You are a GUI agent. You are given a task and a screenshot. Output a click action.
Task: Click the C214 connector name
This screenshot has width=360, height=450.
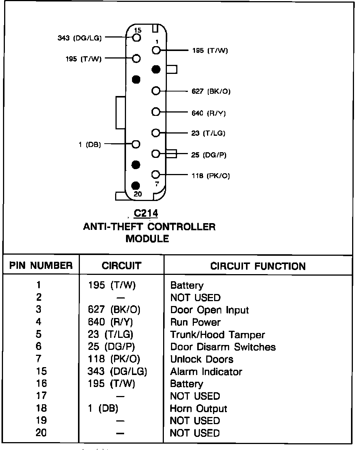point(146,213)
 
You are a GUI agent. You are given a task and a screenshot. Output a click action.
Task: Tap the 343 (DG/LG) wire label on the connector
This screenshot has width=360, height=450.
point(79,38)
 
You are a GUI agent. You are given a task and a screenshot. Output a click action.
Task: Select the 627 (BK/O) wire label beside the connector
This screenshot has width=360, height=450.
point(211,91)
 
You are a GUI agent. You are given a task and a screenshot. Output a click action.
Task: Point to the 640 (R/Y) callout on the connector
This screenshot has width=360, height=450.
point(208,113)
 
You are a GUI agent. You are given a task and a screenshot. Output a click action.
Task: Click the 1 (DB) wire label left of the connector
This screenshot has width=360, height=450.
point(90,144)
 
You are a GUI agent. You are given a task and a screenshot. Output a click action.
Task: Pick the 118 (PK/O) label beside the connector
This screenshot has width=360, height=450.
point(210,175)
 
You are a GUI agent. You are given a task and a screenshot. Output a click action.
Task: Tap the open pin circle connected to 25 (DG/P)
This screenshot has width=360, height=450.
point(156,154)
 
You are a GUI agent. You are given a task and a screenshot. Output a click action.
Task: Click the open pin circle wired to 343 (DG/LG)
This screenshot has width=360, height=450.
point(136,37)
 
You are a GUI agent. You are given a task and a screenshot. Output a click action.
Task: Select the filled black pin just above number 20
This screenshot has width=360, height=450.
point(136,186)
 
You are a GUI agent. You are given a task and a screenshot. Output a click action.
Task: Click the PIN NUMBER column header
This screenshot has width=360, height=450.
point(41,266)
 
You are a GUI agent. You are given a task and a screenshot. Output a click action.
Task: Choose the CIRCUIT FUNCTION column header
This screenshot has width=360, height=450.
point(258,266)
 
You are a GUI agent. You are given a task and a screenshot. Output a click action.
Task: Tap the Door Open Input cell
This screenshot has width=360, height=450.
point(209,310)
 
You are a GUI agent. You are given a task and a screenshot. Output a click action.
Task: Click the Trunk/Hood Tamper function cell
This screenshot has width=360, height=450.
point(217,335)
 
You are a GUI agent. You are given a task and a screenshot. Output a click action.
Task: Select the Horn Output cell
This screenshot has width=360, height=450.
point(198,408)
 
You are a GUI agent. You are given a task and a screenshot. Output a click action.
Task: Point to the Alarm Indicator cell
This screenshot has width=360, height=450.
point(206,372)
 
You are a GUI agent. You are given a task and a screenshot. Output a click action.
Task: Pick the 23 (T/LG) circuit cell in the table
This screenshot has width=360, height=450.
point(110,335)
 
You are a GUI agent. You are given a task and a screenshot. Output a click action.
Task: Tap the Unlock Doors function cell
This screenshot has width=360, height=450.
point(202,359)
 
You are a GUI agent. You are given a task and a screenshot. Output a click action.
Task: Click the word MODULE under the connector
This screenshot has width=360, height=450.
point(147,238)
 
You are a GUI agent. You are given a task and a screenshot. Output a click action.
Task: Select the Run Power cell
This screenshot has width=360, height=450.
point(195,322)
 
